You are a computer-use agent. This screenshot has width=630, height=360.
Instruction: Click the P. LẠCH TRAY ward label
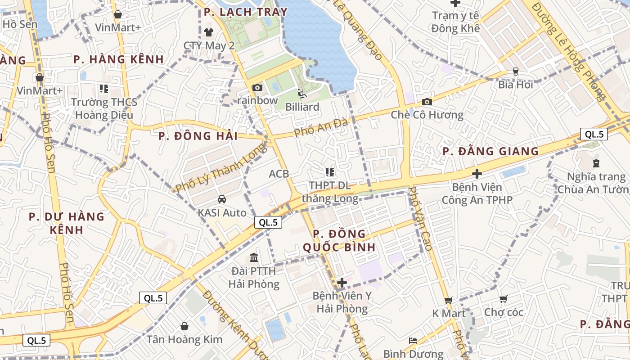click(x=245, y=12)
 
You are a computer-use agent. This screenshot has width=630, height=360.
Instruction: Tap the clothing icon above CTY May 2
click(x=209, y=32)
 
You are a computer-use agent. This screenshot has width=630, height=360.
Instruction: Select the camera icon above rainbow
click(x=257, y=87)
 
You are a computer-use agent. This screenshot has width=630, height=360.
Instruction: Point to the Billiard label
click(x=302, y=107)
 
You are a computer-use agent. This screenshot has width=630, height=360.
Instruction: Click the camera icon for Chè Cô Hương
click(x=427, y=102)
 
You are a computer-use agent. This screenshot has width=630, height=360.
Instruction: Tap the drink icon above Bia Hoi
click(x=516, y=72)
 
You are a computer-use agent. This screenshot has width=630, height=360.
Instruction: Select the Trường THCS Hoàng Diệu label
click(x=104, y=108)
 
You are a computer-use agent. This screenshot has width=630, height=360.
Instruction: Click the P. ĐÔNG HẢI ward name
click(x=198, y=136)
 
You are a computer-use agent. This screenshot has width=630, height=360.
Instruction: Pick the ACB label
click(x=279, y=174)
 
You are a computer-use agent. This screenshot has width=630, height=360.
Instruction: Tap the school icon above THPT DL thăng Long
click(x=330, y=172)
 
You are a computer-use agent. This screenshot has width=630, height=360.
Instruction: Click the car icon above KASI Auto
click(x=222, y=199)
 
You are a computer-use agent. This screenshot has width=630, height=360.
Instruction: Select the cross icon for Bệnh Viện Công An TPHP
click(x=477, y=173)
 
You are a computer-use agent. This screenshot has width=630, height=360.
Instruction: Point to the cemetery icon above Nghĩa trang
click(x=596, y=163)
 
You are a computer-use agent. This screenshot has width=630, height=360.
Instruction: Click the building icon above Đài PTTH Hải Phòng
click(x=254, y=258)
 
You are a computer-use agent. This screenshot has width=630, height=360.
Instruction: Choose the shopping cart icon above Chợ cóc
click(x=504, y=299)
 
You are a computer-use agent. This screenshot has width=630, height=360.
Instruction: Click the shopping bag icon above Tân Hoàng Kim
click(x=184, y=326)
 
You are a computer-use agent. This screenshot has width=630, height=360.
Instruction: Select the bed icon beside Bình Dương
click(x=413, y=340)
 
